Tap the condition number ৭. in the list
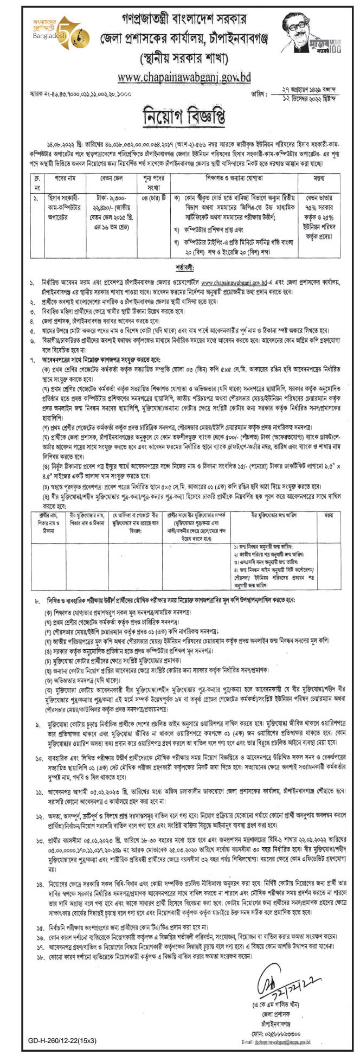[34, 359]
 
